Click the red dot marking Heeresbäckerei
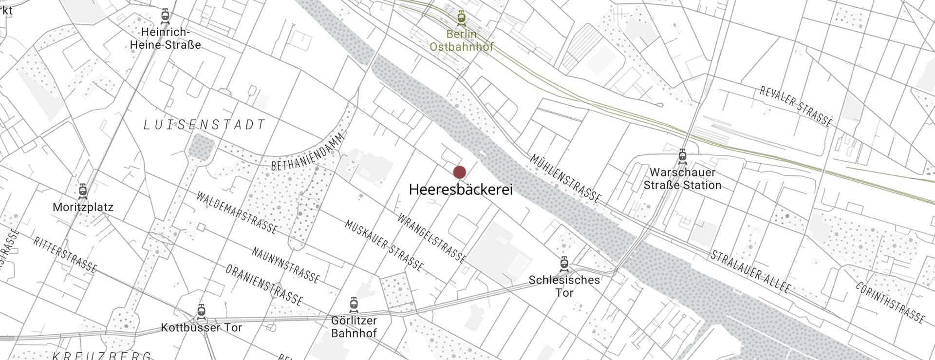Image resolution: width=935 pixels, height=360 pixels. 459,172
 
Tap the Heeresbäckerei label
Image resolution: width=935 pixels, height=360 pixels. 461,190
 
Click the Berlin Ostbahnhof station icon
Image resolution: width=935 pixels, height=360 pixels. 461,18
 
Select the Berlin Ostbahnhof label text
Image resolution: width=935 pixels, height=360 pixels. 461,40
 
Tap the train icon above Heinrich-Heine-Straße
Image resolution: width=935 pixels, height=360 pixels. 166,16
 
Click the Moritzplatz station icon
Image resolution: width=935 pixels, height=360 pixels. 83,191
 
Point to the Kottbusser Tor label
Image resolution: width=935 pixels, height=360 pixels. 201,328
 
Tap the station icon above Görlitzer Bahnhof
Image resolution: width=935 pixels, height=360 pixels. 354,304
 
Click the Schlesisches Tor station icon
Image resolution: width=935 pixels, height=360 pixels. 564,264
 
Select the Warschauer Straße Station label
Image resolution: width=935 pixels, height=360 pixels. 682,179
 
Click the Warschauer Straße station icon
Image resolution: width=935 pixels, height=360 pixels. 682,156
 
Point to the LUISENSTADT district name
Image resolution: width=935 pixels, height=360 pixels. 205,125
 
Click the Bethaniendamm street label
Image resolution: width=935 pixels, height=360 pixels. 308,152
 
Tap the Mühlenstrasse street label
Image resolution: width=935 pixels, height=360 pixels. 565,179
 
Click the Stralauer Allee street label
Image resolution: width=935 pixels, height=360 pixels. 750,272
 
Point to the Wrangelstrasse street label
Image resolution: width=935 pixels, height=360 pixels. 431,238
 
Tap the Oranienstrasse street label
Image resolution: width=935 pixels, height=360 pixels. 264,284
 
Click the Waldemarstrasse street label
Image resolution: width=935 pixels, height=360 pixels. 237,213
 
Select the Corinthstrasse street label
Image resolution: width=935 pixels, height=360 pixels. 890,303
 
